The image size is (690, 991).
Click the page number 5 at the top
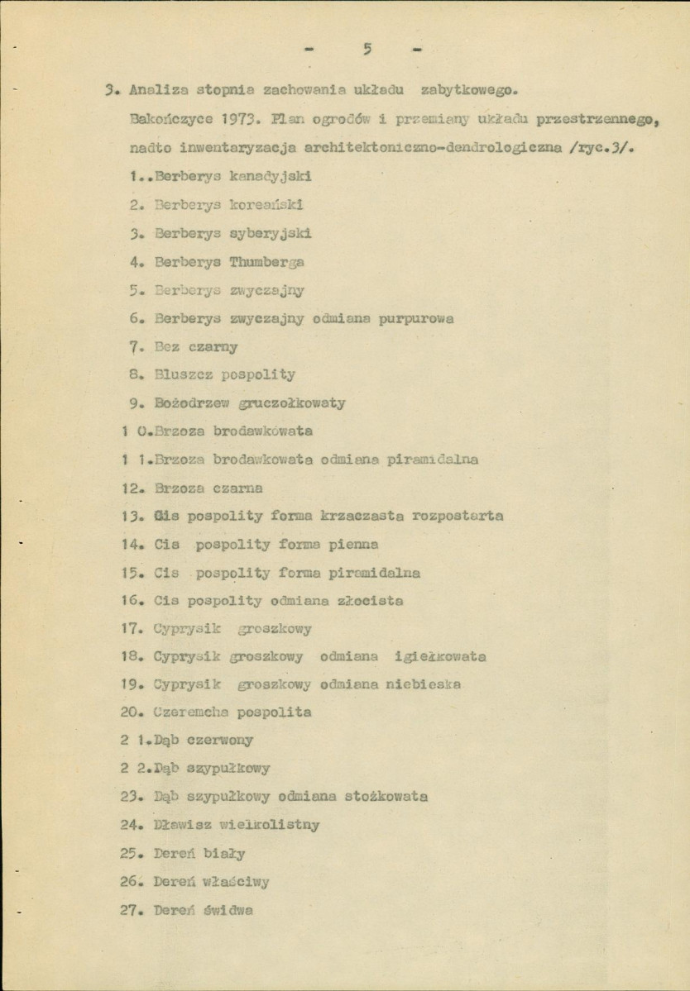(366, 50)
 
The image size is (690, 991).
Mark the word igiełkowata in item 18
(441, 657)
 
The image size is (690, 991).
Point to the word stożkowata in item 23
(387, 798)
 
